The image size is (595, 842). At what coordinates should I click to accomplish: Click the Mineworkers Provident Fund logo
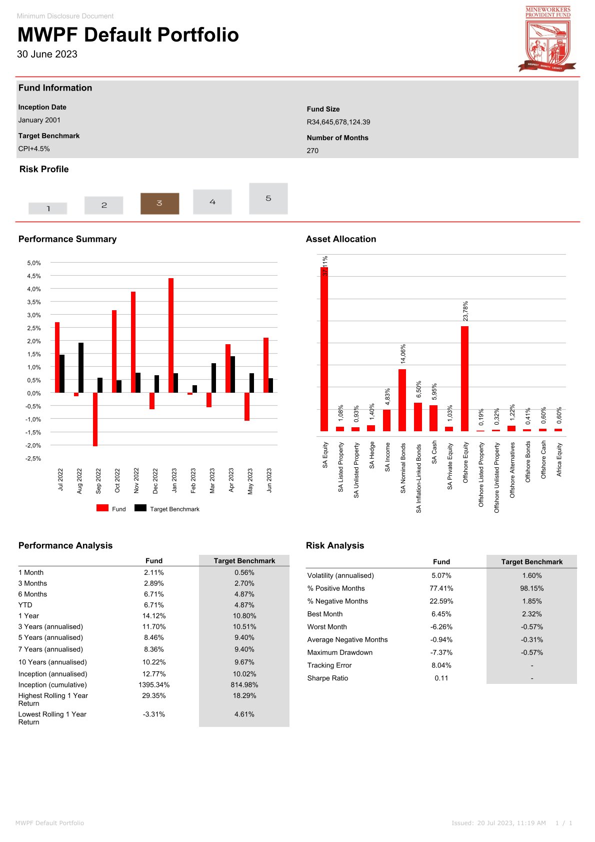[547, 39]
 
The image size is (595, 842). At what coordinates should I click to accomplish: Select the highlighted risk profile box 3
[159, 203]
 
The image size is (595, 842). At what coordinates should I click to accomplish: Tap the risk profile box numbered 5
[268, 199]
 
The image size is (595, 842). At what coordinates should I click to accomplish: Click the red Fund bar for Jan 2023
[171, 335]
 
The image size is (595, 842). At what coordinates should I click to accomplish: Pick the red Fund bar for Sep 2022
[95, 419]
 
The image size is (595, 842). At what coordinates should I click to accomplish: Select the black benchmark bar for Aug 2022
[81, 368]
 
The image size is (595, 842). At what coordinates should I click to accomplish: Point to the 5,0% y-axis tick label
[34, 263]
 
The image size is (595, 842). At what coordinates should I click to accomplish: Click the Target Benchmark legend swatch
[140, 508]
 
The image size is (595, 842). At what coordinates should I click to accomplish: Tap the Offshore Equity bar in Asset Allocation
[464, 378]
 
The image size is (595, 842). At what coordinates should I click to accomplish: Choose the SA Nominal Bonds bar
[402, 400]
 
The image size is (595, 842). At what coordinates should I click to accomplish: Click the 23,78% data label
[465, 311]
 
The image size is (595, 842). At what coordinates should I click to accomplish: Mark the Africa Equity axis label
[559, 459]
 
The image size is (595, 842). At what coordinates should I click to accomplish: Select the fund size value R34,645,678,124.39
[338, 122]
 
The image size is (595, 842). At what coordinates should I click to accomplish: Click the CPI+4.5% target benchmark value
[34, 149]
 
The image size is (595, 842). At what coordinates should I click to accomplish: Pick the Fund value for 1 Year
[154, 616]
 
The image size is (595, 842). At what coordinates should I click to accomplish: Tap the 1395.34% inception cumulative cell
[154, 685]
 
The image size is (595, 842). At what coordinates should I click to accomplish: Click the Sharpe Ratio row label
[327, 678]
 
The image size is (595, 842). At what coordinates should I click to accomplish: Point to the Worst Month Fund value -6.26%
[441, 627]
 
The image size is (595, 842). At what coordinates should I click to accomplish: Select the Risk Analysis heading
[335, 546]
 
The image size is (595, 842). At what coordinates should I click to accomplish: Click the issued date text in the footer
[498, 823]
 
